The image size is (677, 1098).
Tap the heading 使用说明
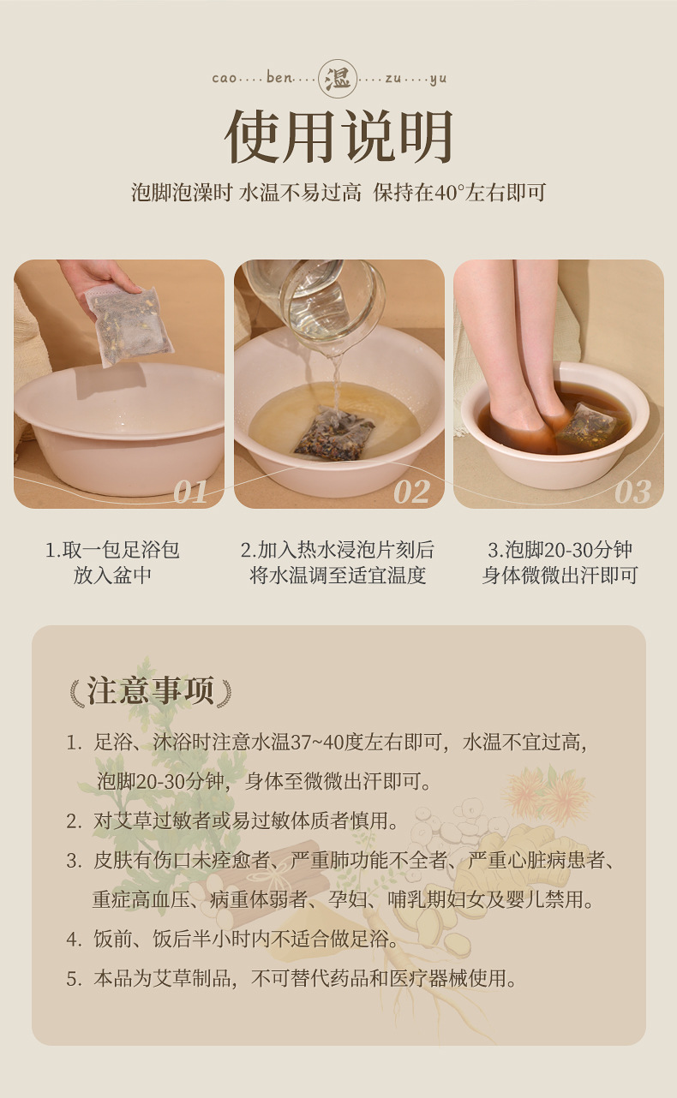click(x=338, y=137)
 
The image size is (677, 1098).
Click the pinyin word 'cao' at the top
click(x=225, y=79)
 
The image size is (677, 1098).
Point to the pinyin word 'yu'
click(x=438, y=80)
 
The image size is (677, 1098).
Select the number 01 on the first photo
click(x=190, y=492)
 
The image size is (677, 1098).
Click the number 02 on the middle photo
click(x=411, y=492)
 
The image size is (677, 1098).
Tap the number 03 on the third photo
click(x=632, y=492)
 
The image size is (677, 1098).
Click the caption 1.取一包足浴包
click(x=112, y=550)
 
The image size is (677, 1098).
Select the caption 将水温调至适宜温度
click(x=338, y=575)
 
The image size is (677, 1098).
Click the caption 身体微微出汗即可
click(x=560, y=575)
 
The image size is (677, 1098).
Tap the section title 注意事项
click(x=151, y=690)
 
